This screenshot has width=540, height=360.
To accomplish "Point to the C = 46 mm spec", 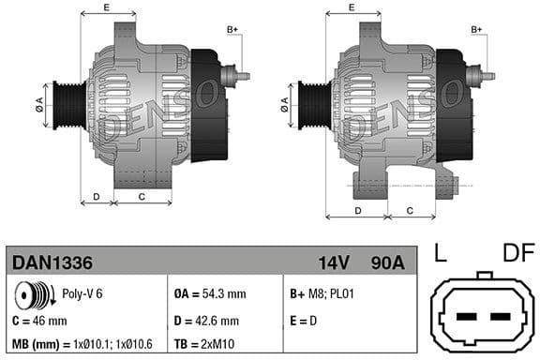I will click(x=40, y=321).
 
